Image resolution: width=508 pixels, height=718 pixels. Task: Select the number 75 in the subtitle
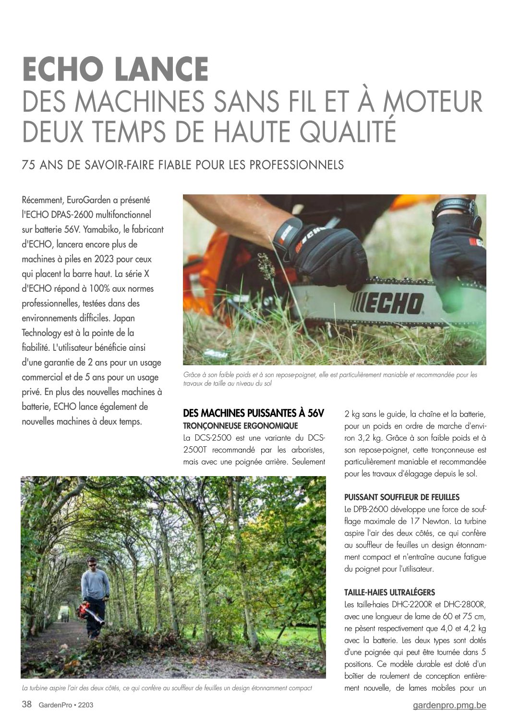[x=29, y=165]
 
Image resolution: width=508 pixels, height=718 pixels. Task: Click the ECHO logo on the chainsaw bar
[x=387, y=303]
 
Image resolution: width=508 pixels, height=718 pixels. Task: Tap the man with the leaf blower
[x=95, y=595]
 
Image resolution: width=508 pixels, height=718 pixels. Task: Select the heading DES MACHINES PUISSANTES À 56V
[x=254, y=413]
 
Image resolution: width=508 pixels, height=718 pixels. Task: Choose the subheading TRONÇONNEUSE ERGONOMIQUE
[x=241, y=426]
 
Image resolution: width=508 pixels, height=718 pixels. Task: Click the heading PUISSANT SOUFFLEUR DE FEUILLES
[x=402, y=497]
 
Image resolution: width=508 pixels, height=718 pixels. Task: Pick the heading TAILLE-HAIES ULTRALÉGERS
[x=389, y=593]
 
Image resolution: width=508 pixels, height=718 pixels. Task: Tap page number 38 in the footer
[x=27, y=705]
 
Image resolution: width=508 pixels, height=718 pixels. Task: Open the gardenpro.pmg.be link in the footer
[x=449, y=705]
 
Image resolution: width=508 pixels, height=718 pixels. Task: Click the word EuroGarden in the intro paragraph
[x=89, y=200]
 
